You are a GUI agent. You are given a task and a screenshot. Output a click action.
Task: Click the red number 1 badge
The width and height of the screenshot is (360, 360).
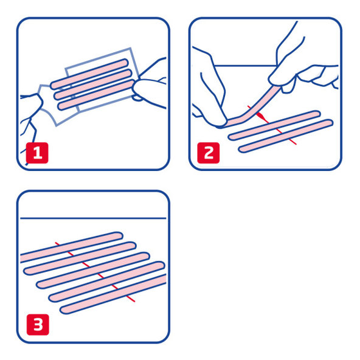click(38, 152)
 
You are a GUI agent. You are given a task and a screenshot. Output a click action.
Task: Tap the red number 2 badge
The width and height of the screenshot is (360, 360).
click(209, 152)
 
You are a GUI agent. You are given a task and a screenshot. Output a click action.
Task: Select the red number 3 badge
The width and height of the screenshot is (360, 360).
click(38, 325)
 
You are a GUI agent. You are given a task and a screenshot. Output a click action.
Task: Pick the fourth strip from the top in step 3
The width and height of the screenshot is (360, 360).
click(106, 282)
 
